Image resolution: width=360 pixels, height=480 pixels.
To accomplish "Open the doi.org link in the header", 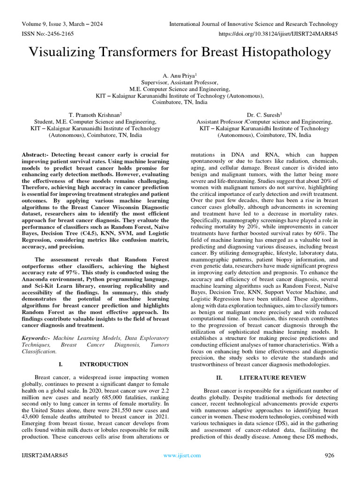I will tap(278, 34).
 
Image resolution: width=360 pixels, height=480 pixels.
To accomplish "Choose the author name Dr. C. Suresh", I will tap(264, 114).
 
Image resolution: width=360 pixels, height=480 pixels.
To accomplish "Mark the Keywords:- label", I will tap(37, 337).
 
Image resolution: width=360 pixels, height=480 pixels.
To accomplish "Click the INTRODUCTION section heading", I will tap(104, 364).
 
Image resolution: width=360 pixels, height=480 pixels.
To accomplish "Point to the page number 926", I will tap(331, 455).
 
